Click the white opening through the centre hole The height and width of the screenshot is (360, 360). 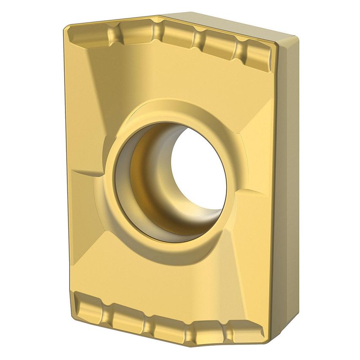(x=198, y=169)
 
